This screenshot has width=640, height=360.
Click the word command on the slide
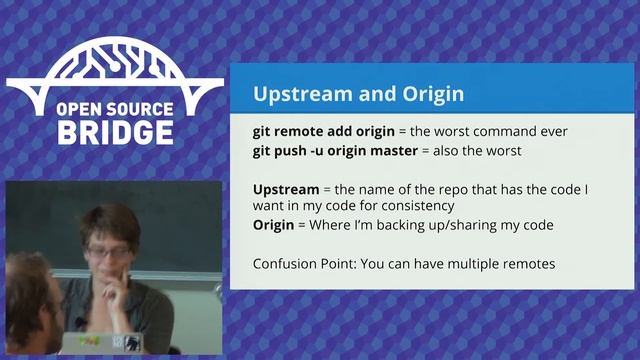468,132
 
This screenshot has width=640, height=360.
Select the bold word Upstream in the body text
284,189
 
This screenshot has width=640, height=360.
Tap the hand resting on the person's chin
118,289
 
